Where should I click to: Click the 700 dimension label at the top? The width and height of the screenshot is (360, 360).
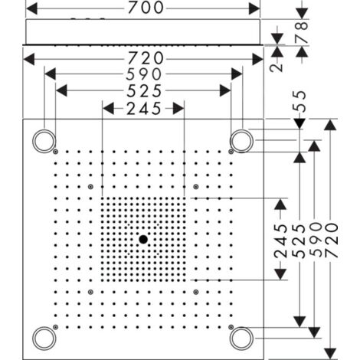143,8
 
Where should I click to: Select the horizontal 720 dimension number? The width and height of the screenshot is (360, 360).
143,58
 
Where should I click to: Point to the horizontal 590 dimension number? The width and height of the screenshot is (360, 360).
143,74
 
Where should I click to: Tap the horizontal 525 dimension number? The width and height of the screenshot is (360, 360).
143,91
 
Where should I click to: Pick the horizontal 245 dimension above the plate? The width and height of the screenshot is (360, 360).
143,108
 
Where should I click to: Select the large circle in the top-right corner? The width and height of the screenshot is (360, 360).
242,139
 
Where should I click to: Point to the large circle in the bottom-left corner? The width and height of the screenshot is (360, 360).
44,337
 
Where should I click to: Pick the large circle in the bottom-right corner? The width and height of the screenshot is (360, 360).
242,337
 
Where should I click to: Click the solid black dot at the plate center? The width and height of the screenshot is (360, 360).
142,239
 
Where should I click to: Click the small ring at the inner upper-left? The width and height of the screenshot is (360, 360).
91,186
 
